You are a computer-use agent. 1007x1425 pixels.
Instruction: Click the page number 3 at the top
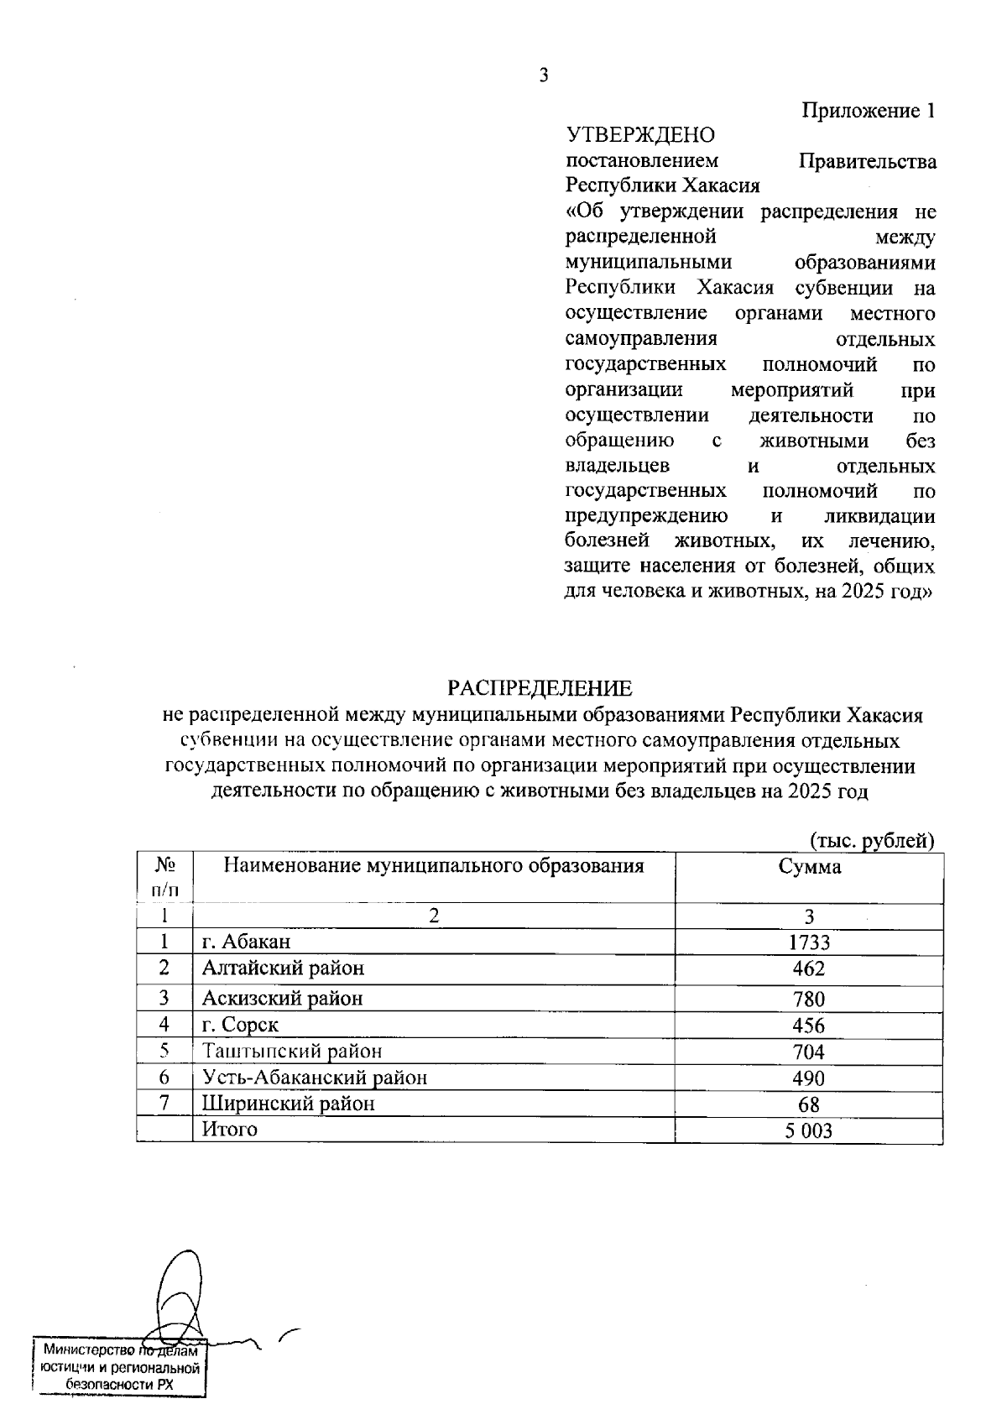click(543, 76)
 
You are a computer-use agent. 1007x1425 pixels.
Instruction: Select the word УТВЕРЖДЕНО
click(640, 135)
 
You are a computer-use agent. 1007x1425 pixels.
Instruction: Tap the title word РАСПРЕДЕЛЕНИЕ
click(540, 689)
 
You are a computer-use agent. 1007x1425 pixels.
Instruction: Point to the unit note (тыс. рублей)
click(871, 841)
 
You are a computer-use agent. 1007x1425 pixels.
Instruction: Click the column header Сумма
click(809, 868)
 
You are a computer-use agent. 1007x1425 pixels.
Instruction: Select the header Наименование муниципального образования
click(434, 866)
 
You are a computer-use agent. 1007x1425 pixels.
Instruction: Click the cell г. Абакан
click(246, 942)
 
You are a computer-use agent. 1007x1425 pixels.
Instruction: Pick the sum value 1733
click(809, 942)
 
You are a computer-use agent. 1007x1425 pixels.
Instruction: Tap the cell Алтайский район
click(283, 968)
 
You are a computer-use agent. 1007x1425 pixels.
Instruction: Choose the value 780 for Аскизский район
click(809, 999)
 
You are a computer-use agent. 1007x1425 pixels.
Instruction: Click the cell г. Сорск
click(240, 1025)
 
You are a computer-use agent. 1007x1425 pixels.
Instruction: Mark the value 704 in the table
click(809, 1052)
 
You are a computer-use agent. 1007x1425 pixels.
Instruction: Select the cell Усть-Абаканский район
click(315, 1078)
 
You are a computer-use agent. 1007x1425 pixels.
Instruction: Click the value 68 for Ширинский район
click(809, 1104)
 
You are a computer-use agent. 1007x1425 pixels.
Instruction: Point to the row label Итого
click(229, 1130)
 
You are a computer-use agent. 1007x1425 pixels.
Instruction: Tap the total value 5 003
click(809, 1131)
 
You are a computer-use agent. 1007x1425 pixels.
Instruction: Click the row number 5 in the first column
click(164, 1051)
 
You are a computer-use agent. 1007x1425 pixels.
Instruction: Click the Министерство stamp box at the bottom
click(120, 1368)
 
